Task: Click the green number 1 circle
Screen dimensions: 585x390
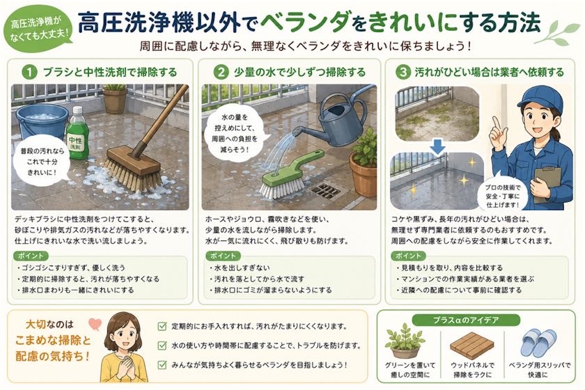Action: pyautogui.click(x=29, y=72)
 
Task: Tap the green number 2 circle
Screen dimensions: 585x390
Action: pyautogui.click(x=221, y=72)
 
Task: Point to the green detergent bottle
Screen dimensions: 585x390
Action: pyautogui.click(x=78, y=134)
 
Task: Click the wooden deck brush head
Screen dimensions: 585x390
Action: pyautogui.click(x=133, y=168)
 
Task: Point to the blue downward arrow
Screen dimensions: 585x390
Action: pyautogui.click(x=438, y=147)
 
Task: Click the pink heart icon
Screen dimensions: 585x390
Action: pyautogui.click(x=95, y=325)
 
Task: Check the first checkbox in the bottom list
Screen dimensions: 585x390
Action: pyautogui.click(x=162, y=327)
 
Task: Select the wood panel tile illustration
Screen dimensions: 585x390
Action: pyautogui.click(x=472, y=345)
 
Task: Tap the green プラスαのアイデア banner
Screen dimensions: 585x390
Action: pyautogui.click(x=466, y=320)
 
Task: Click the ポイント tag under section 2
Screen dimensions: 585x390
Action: pyautogui.click(x=223, y=256)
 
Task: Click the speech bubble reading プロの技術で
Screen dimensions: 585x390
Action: pyautogui.click(x=502, y=195)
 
